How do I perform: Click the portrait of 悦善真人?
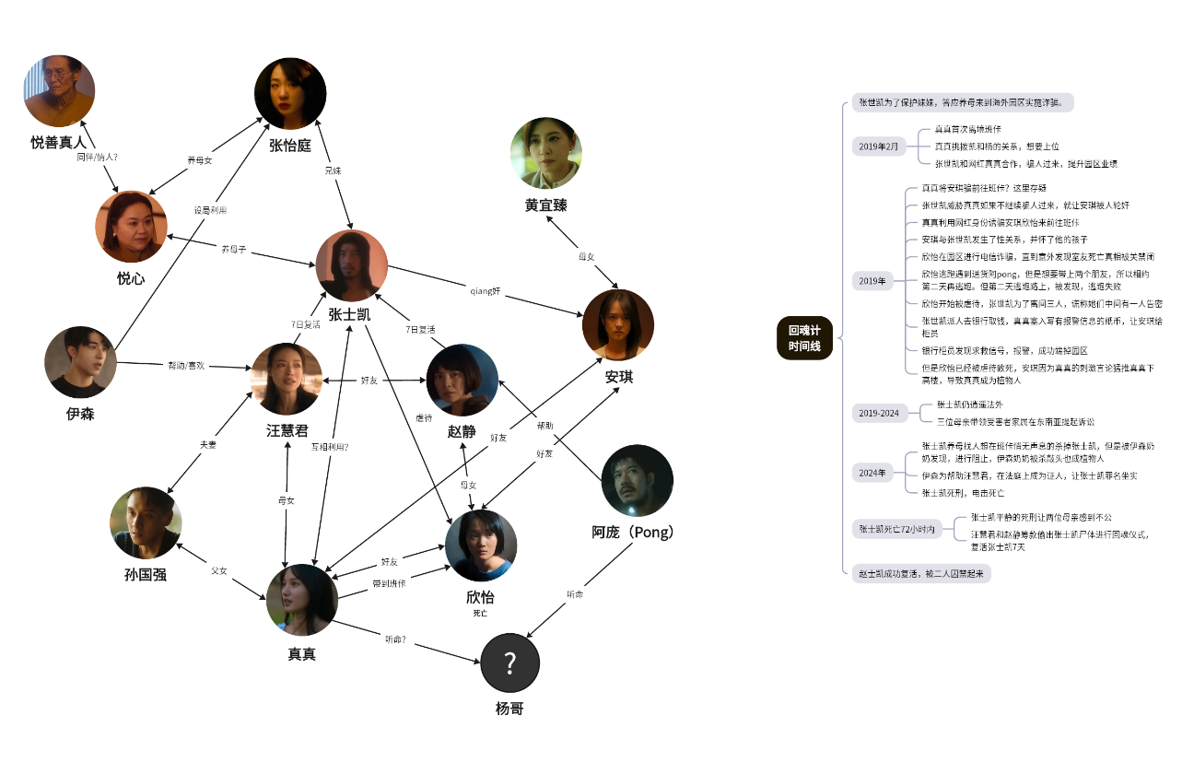tap(60, 90)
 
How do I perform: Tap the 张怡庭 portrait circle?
tap(291, 93)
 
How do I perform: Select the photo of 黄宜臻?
tap(546, 153)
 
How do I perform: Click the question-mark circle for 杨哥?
tap(509, 663)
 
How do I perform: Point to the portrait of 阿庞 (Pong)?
tap(637, 480)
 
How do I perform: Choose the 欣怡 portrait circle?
tap(481, 545)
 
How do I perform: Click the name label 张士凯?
tap(349, 314)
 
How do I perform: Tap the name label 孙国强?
tap(145, 575)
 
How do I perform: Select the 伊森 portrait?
tap(81, 362)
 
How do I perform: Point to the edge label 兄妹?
tap(332, 171)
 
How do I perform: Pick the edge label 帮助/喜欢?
tap(185, 365)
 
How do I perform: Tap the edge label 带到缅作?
tap(389, 583)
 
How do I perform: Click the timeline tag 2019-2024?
tap(878, 412)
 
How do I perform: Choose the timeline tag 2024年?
tap(872, 473)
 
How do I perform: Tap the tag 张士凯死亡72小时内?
tap(897, 529)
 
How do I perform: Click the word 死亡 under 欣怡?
tap(480, 613)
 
